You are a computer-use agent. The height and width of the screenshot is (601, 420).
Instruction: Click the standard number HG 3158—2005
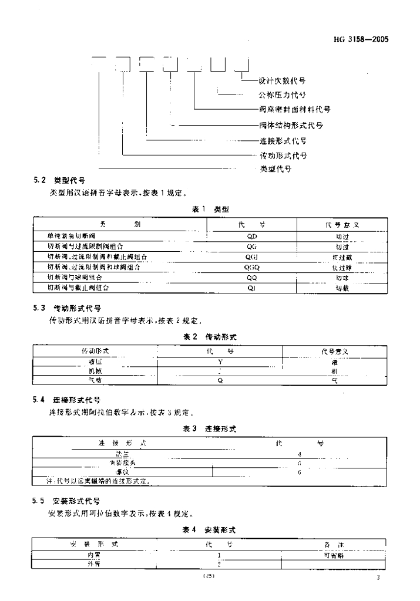click(361, 40)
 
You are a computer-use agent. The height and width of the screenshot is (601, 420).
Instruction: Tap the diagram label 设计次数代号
click(281, 80)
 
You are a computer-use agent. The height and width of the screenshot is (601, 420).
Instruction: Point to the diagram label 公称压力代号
click(282, 94)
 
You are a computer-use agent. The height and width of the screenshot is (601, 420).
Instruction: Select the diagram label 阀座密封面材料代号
click(294, 109)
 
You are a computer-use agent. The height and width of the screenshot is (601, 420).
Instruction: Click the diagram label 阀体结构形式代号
click(291, 125)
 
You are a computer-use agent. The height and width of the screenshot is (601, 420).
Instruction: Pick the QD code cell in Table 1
click(252, 235)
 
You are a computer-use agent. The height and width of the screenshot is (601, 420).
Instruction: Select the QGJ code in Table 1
click(252, 256)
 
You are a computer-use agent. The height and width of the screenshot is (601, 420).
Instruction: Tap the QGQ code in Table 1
click(252, 267)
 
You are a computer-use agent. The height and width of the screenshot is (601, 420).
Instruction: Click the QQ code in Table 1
click(252, 278)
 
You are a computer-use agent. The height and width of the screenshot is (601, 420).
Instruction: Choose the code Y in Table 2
click(220, 362)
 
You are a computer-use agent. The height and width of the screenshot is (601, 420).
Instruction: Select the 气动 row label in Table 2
click(95, 380)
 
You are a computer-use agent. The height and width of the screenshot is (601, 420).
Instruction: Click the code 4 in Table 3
click(300, 454)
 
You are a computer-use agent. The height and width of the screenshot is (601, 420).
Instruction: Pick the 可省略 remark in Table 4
click(333, 555)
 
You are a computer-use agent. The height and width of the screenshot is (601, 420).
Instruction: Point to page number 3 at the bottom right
click(379, 578)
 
